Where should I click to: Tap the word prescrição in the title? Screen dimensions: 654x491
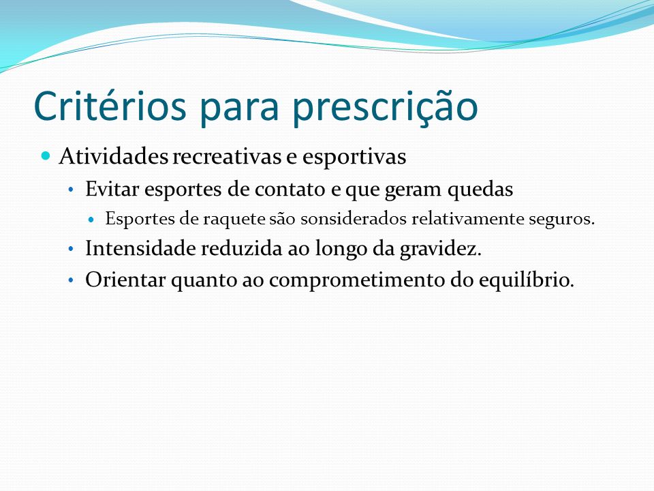(384, 108)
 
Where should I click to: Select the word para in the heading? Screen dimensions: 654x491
(238, 110)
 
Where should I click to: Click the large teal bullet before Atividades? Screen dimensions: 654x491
(46, 156)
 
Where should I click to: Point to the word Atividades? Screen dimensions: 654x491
(114, 156)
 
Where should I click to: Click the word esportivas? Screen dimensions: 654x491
(354, 158)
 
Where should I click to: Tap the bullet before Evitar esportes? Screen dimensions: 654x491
(71, 190)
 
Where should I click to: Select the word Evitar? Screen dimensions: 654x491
(112, 189)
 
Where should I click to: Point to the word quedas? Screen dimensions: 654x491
(480, 190)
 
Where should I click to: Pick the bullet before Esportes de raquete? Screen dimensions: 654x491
(92, 219)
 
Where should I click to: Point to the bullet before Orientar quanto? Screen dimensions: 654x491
(71, 280)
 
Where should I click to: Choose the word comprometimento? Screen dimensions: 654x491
(358, 280)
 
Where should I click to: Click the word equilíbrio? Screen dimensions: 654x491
(527, 280)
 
